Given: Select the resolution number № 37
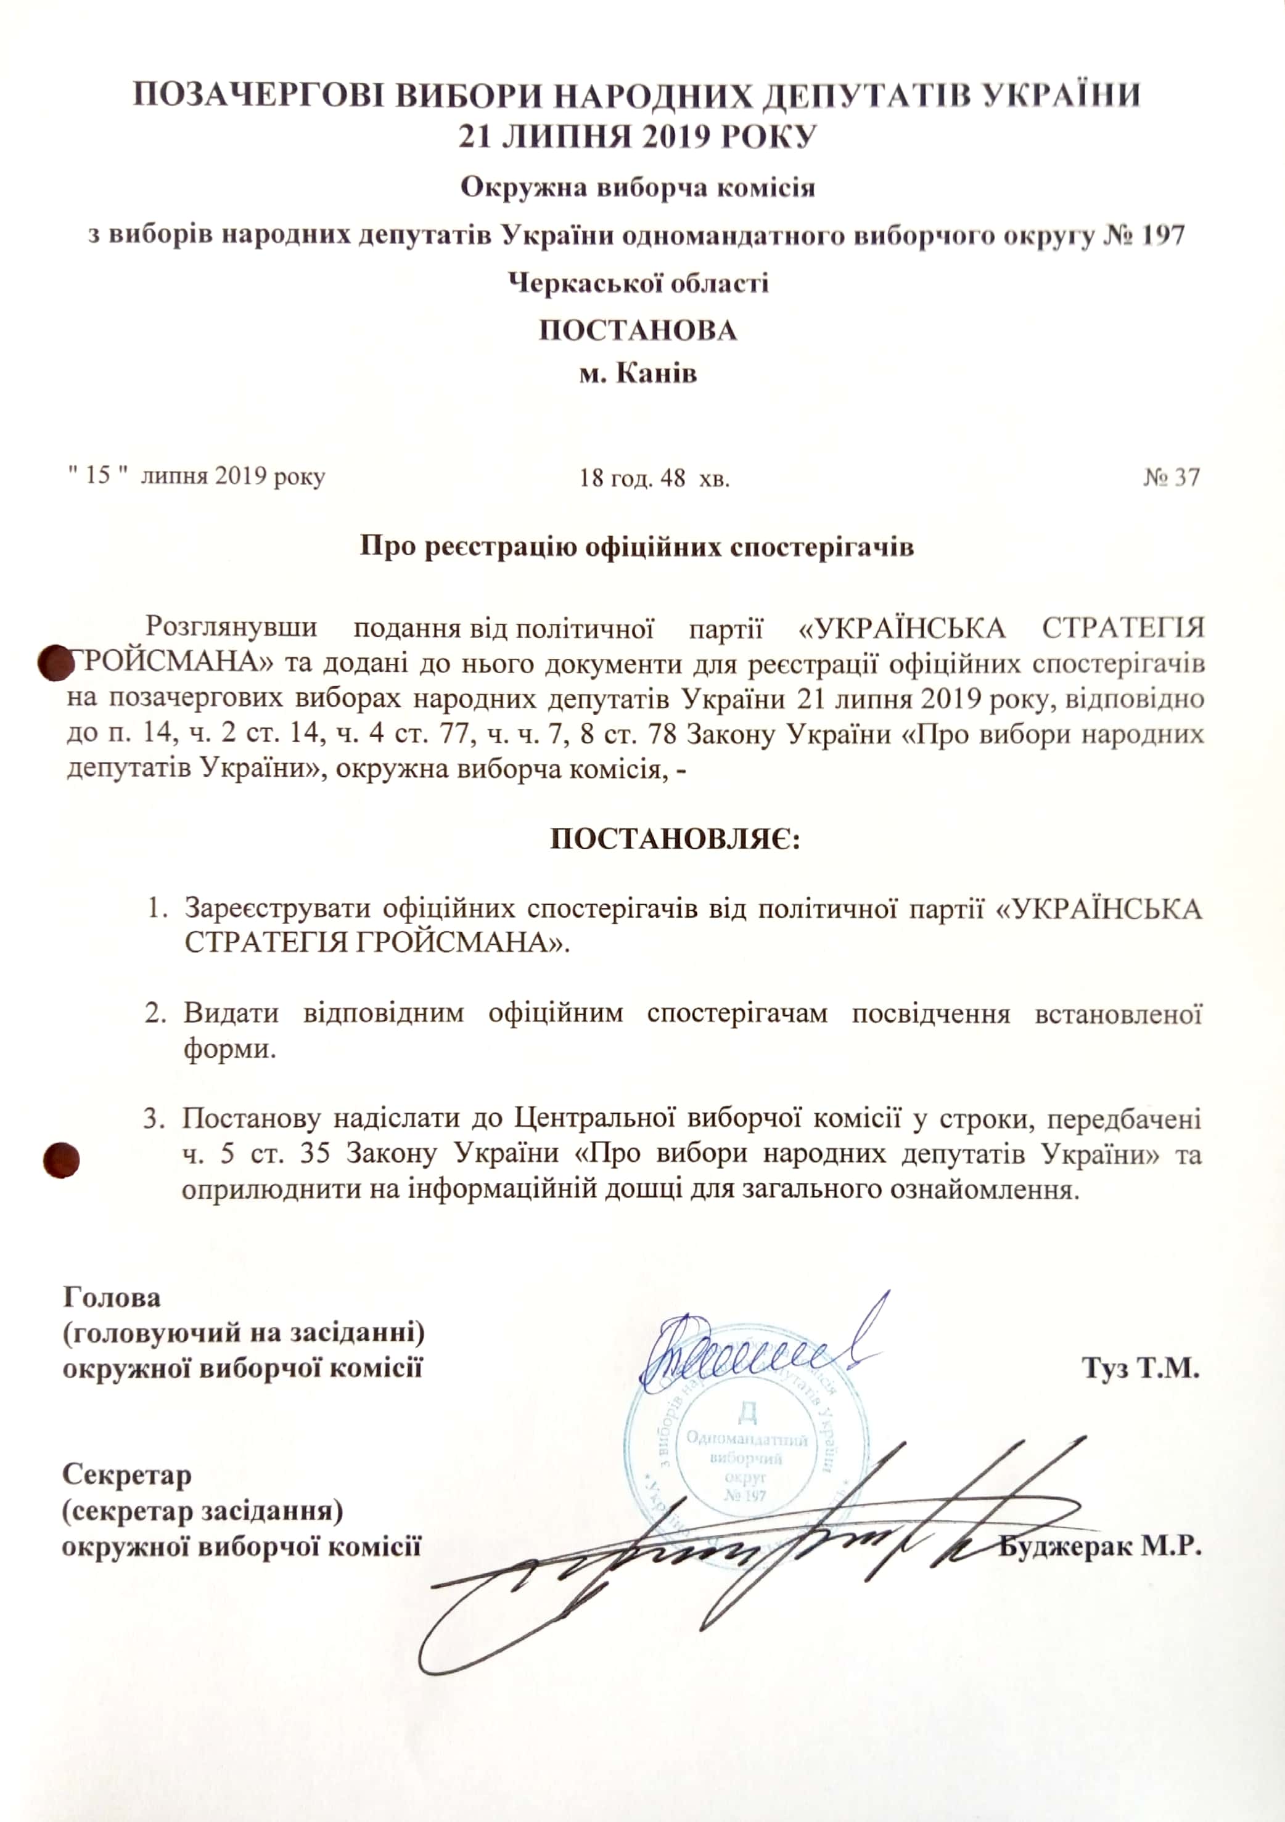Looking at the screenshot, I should pyautogui.click(x=1172, y=477).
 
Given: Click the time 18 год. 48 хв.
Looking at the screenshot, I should pyautogui.click(x=654, y=478).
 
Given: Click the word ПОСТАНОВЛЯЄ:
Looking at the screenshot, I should pyautogui.click(x=675, y=839).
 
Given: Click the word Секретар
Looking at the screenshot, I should pyautogui.click(x=127, y=1474).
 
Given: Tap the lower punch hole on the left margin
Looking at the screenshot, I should pyautogui.click(x=61, y=1159).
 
